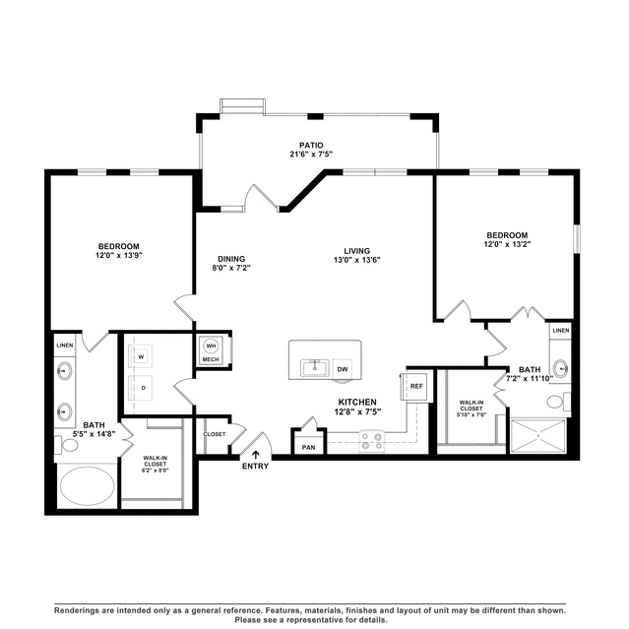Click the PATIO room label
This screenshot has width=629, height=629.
coord(311,146)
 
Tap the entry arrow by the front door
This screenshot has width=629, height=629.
coord(256,455)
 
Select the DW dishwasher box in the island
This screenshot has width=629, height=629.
coord(343,369)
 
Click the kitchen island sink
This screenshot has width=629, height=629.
coord(315,368)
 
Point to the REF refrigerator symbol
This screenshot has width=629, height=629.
coord(416,386)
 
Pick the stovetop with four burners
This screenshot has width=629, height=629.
coord(371,441)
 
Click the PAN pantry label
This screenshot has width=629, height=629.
coord(308,447)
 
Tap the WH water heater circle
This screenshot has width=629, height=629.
coord(211,346)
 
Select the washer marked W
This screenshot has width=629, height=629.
coord(141,356)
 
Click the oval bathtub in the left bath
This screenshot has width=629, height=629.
coord(87,486)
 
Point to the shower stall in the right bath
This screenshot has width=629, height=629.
coord(537,436)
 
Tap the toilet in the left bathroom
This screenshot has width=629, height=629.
coord(67,445)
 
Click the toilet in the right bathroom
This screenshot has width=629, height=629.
coord(558,402)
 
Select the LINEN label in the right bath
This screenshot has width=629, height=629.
coord(561,331)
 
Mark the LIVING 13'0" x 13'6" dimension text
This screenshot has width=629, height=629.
coord(356,260)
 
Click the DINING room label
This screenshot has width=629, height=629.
coord(231,259)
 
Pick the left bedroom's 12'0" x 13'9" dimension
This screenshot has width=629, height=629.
coord(119,255)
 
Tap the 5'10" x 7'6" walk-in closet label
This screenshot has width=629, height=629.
coord(472,414)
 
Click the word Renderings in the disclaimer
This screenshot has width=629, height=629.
coord(76,610)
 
